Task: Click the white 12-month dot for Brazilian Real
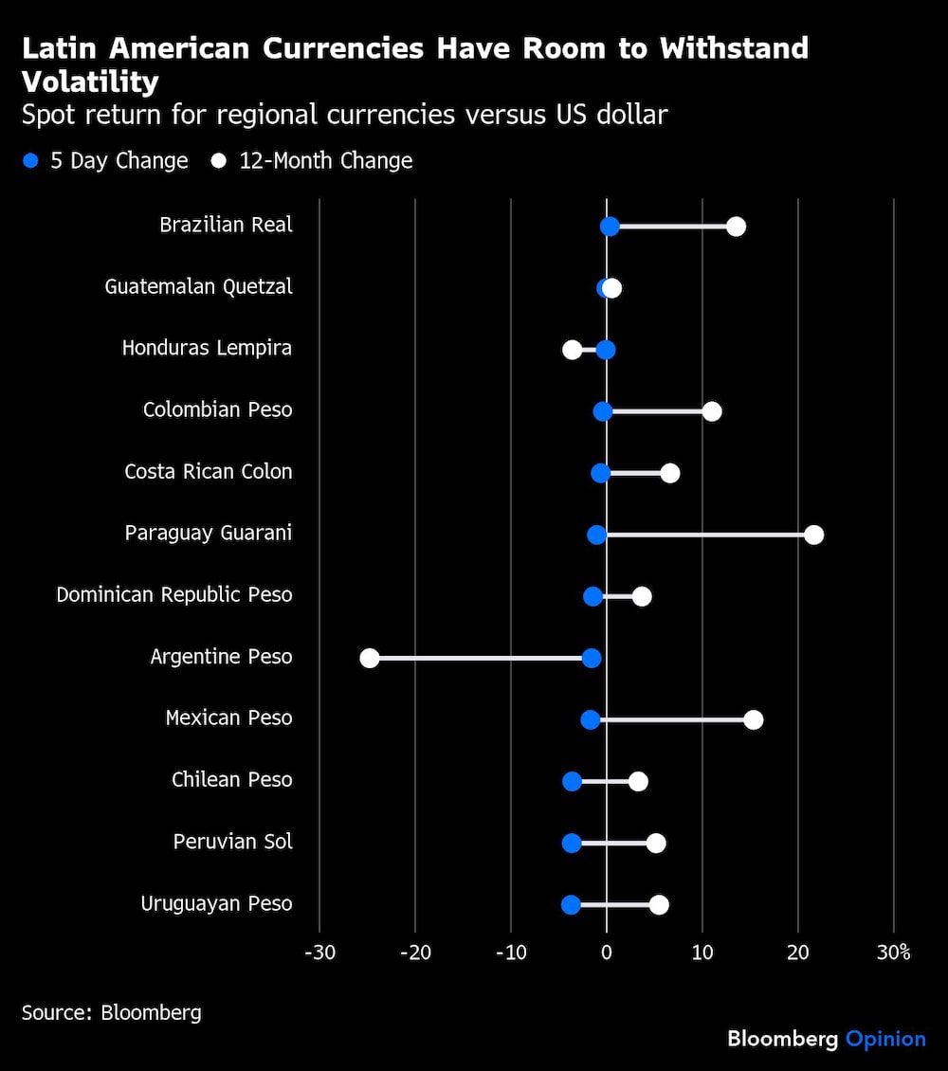pyautogui.click(x=736, y=227)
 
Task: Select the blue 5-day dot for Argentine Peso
pyautogui.click(x=592, y=658)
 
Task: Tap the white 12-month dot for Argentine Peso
pyautogui.click(x=370, y=658)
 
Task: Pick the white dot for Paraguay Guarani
pyautogui.click(x=813, y=535)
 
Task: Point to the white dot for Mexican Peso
pyautogui.click(x=754, y=719)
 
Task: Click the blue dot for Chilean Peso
pyautogui.click(x=572, y=781)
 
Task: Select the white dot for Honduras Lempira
pyautogui.click(x=572, y=350)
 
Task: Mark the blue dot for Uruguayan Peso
pyautogui.click(x=571, y=904)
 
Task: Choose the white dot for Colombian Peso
pyautogui.click(x=712, y=411)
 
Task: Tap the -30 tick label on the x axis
pyautogui.click(x=319, y=953)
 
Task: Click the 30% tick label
pyautogui.click(x=893, y=953)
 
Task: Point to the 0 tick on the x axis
pyautogui.click(x=607, y=953)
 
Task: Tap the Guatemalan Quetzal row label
pyautogui.click(x=198, y=286)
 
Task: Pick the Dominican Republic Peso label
pyautogui.click(x=174, y=594)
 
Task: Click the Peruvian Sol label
pyautogui.click(x=232, y=842)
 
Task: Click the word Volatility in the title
pyautogui.click(x=90, y=82)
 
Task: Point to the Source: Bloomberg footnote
pyautogui.click(x=112, y=1012)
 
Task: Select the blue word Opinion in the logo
pyautogui.click(x=885, y=1039)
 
